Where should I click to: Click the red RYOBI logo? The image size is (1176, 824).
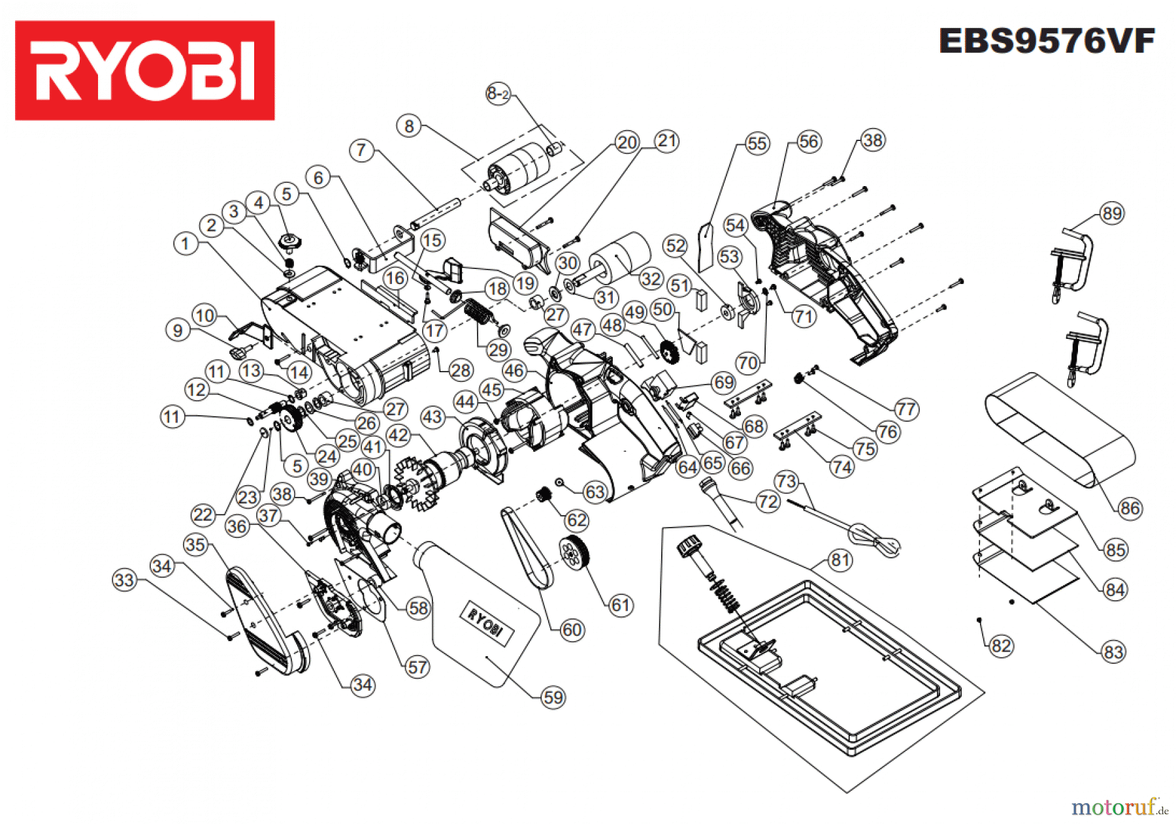pyautogui.click(x=144, y=71)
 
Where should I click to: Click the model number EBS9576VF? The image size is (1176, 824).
pyautogui.click(x=1046, y=41)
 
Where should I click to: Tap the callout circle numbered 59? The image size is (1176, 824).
pyautogui.click(x=553, y=697)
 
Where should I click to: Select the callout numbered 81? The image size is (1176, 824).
pyautogui.click(x=840, y=560)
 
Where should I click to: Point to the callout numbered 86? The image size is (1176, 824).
pyautogui.click(x=1129, y=508)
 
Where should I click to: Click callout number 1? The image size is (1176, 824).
pyautogui.click(x=186, y=244)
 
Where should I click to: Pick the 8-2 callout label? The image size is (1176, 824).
pyautogui.click(x=498, y=93)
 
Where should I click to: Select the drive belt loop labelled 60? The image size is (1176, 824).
pyautogui.click(x=526, y=548)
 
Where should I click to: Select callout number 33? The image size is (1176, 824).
pyautogui.click(x=124, y=580)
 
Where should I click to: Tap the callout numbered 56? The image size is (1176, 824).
pyautogui.click(x=808, y=142)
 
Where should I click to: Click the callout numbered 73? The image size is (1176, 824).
pyautogui.click(x=786, y=482)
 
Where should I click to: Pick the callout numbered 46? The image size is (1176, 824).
pyautogui.click(x=514, y=372)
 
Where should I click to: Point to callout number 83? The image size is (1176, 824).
pyautogui.click(x=1113, y=652)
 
